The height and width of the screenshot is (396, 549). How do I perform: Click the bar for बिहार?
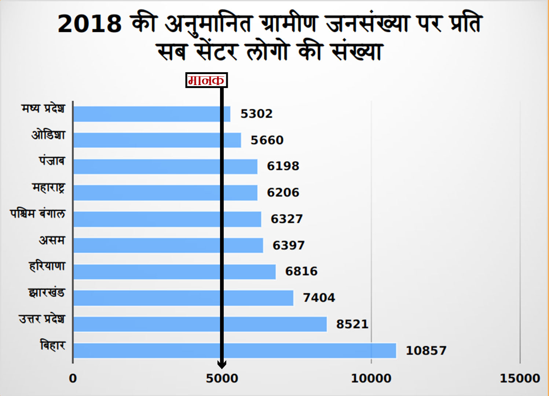coord(235,351)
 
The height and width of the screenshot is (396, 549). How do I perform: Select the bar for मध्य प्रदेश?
coord(151,114)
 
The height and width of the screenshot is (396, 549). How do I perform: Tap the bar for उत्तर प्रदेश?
coord(200,324)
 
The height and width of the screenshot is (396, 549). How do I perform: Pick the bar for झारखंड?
coord(183,298)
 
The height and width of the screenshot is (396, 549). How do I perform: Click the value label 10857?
coord(426,351)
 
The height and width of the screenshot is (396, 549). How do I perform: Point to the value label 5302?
coord(256,114)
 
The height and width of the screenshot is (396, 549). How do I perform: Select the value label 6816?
coord(301,271)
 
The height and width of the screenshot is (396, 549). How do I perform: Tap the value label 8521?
coord(352,324)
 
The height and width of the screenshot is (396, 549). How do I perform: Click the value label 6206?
coord(283,192)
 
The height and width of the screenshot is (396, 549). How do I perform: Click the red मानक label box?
coord(206,80)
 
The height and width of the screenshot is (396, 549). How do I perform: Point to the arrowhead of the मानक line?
coord(222,365)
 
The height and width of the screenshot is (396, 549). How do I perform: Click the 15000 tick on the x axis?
coord(520,378)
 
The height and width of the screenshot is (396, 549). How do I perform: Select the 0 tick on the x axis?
coord(73,378)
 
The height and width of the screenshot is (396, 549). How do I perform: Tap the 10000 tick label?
coord(371,378)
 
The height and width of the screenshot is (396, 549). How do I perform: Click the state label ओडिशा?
coord(48,135)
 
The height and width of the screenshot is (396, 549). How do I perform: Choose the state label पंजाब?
coord(52,161)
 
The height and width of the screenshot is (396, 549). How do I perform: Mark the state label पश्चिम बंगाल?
coord(38,214)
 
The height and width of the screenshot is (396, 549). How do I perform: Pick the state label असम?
coord(52,240)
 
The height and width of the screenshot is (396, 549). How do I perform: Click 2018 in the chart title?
coord(90,24)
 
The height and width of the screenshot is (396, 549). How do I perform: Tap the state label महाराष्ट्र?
coord(49,188)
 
